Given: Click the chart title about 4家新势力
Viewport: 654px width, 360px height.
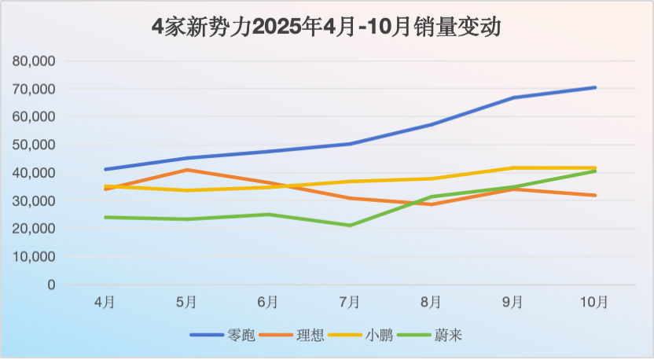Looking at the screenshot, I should pos(326,28).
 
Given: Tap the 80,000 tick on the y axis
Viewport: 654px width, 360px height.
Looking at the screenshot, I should pos(35,61).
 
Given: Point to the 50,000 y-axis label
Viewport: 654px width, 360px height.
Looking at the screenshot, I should pos(35,145).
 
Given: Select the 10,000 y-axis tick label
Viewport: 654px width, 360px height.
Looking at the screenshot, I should pos(35,257).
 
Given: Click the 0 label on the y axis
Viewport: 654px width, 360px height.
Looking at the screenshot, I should pos(51,285).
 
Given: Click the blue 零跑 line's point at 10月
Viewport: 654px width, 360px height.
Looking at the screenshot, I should pos(595,87).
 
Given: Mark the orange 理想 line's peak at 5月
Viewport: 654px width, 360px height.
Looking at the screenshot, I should pos(186,170).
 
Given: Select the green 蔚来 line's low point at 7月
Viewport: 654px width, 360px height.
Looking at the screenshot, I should pos(350,226).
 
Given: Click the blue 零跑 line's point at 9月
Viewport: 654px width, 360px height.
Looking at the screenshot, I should pos(513,97).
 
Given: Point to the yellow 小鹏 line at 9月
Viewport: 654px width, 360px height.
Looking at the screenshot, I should pos(513,168).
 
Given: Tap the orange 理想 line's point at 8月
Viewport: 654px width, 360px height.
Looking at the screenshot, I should pos(432,204).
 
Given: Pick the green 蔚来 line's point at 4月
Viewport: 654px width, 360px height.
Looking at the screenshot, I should pos(105,217).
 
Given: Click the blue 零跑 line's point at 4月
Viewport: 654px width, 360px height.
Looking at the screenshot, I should pos(105,169).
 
